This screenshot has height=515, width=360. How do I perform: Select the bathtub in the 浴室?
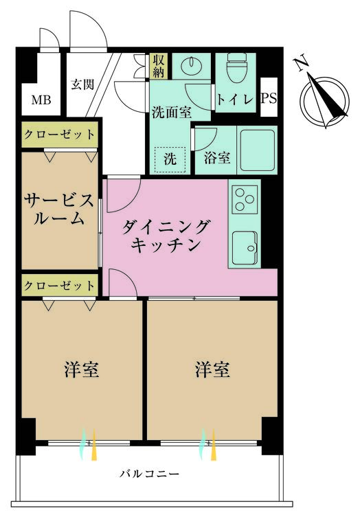point(258,150)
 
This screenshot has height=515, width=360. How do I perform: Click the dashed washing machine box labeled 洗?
point(170,159)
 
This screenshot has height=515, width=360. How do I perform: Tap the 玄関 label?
point(82,84)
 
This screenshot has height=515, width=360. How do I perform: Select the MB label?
point(41,100)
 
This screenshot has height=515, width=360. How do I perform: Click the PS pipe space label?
point(269,98)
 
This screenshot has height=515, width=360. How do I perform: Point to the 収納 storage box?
point(159,66)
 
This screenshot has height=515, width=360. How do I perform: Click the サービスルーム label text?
point(59,209)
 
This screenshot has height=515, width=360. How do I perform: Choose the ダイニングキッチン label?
point(165,236)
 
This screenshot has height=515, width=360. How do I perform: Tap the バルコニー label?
point(149,474)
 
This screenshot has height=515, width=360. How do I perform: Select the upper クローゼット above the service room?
point(60,135)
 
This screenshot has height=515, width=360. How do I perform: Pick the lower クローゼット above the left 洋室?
point(60,286)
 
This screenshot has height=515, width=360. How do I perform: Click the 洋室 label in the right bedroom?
point(212,369)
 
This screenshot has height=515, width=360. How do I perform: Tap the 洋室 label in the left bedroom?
point(82,369)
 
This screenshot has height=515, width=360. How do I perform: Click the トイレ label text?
point(235,99)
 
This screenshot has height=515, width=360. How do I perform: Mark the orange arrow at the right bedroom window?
point(214,444)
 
